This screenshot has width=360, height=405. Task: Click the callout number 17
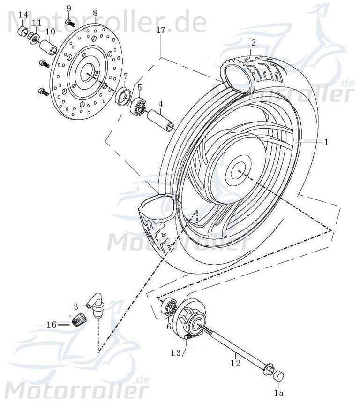[161, 30]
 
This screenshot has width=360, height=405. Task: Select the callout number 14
[23, 15]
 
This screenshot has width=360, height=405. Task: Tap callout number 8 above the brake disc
[95, 13]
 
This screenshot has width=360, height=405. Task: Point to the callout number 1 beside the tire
[327, 141]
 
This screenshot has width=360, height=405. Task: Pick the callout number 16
[52, 324]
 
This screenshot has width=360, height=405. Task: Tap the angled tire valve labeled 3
[97, 306]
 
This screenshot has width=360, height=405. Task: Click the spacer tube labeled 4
[161, 120]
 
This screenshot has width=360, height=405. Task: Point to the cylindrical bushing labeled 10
[48, 47]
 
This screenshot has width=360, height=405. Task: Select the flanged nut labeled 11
[34, 38]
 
